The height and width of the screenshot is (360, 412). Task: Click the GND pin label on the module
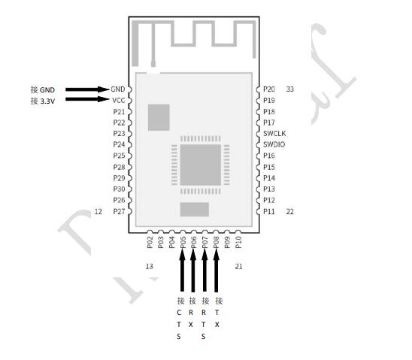click(x=117, y=89)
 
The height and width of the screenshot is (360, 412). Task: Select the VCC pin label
click(x=117, y=100)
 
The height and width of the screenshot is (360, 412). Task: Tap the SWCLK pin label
click(x=274, y=133)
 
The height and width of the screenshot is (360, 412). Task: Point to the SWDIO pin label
click(x=274, y=144)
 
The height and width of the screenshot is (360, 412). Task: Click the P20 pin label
click(x=269, y=89)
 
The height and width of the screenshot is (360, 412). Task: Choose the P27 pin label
click(x=119, y=212)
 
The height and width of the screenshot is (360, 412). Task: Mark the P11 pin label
click(x=269, y=212)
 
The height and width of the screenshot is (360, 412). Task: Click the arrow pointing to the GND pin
click(x=86, y=89)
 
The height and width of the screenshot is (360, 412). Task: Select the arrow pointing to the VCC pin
click(x=86, y=100)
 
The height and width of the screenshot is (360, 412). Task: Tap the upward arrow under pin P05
click(x=183, y=271)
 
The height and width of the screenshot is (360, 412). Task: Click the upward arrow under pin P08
click(x=217, y=271)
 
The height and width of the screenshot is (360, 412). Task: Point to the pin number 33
click(x=289, y=89)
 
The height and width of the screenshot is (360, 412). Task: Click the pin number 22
click(x=289, y=212)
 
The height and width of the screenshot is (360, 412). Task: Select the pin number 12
click(x=98, y=212)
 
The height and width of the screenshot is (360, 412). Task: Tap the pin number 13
click(x=149, y=266)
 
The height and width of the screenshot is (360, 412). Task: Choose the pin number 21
click(x=239, y=266)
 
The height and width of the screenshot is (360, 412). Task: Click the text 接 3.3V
click(x=43, y=100)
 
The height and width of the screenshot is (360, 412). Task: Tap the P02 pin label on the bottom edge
click(x=150, y=242)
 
